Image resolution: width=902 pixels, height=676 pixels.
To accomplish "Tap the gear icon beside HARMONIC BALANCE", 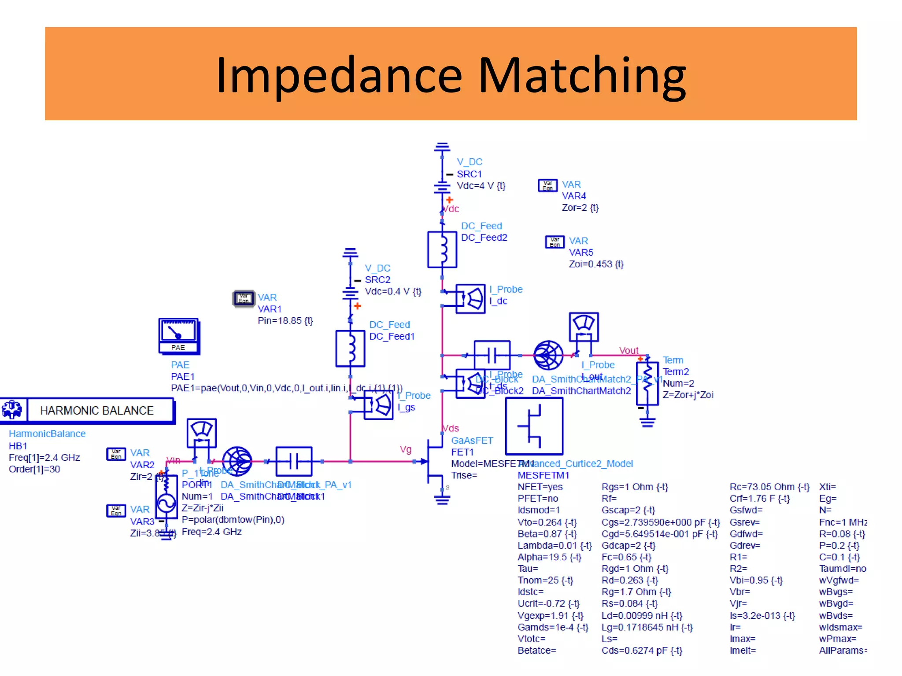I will point(12,410).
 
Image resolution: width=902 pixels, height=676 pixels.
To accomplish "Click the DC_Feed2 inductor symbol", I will point(442,250).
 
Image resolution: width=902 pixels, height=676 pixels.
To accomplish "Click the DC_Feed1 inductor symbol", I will point(351,348).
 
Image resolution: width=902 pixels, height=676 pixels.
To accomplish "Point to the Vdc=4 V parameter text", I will point(481,186).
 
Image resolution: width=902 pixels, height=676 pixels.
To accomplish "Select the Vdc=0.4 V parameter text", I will point(393,291).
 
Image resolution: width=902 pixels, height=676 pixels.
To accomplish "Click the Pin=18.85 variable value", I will point(285,320).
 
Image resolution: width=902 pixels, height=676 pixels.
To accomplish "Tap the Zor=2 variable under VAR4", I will point(580,207).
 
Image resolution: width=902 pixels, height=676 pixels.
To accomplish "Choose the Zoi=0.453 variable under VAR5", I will point(596,264).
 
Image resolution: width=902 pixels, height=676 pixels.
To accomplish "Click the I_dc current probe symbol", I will point(470,299).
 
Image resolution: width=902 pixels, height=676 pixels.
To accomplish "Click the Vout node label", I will point(628,350).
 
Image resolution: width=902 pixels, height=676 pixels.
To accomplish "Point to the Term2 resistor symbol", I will point(647,382).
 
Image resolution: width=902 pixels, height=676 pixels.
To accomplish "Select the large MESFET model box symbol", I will point(534,426).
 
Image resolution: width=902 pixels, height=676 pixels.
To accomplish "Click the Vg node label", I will point(405,449).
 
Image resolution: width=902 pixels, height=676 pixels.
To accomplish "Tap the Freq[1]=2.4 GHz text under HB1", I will point(44,457).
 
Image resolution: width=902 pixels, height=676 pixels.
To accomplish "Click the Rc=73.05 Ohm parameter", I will point(769,487).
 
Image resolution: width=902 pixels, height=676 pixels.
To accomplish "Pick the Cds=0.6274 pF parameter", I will point(641,650).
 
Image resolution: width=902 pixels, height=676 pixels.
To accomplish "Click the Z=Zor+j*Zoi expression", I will point(688,395).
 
